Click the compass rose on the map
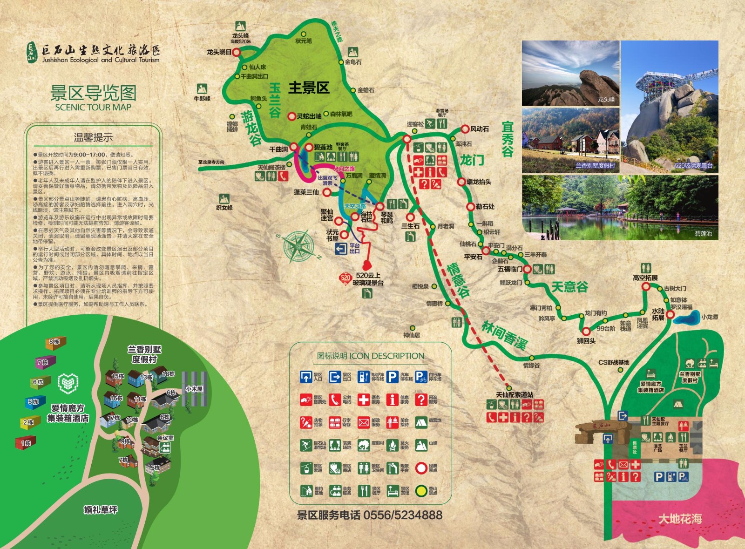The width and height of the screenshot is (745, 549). (299, 245)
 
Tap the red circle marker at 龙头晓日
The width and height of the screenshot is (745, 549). (236, 53)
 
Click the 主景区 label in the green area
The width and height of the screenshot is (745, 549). (309, 88)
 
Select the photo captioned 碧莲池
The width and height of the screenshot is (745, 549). (620, 207)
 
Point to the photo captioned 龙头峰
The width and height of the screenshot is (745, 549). (570, 73)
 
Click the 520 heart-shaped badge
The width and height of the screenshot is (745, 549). (345, 278)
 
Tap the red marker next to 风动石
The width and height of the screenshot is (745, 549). (465, 129)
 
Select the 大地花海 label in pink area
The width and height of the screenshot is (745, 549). (680, 519)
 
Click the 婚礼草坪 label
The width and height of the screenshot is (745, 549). (101, 510)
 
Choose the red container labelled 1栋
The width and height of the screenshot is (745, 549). (26, 442)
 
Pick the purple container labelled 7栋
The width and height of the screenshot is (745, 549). (46, 361)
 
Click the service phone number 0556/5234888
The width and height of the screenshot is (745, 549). (403, 515)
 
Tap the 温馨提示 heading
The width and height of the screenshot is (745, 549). (93, 137)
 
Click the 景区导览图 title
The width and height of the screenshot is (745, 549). (93, 93)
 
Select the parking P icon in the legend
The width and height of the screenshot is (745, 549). (393, 377)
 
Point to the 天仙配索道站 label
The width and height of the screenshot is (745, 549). (515, 394)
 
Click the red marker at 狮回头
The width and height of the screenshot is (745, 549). (586, 331)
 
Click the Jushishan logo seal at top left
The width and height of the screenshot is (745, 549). (32, 53)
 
